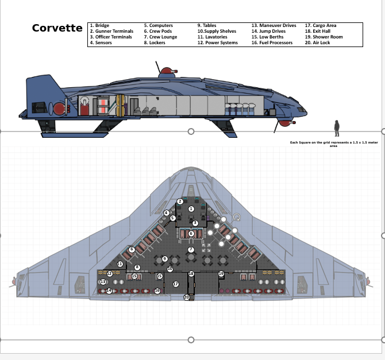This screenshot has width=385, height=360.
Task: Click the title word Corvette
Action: click(57, 28)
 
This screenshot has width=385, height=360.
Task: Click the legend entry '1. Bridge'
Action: click(100, 26)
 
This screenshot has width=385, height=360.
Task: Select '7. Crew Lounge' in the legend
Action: click(160, 37)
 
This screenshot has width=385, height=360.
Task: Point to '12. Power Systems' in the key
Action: click(217, 42)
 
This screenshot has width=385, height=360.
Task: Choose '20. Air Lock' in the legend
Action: click(317, 42)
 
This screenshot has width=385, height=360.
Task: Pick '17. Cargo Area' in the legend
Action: click(321, 26)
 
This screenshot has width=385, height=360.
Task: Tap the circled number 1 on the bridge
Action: click(191, 209)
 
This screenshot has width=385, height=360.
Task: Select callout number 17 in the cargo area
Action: click(175, 284)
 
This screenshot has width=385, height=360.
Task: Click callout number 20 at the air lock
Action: click(186, 297)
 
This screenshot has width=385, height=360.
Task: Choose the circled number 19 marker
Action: click(221, 273)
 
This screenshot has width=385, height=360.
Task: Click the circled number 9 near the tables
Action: click(165, 260)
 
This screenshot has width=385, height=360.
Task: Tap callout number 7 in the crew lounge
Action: click(191, 250)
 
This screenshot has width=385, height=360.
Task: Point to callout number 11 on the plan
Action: click(120, 264)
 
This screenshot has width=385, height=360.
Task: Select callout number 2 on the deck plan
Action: click(180, 202)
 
